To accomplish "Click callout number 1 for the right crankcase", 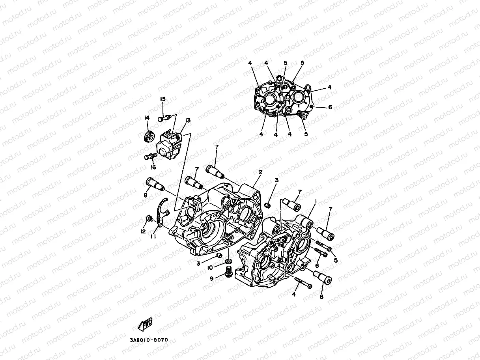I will (316, 201).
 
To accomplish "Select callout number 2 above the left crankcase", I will (260, 172).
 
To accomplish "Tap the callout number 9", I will (211, 278).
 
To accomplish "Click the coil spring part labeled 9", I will (228, 272).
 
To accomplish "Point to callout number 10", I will (210, 268).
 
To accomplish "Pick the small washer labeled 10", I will (228, 261).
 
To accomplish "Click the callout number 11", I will (153, 236).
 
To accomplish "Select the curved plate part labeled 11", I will (161, 213).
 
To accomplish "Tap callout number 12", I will (143, 231).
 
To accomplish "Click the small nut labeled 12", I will (149, 218).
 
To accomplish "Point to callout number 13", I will (187, 120).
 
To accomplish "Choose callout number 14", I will (147, 118).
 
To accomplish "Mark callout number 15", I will (162, 99).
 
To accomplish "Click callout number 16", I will (153, 167).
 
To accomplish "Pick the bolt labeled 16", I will (150, 157).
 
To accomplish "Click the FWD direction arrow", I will (145, 325).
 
